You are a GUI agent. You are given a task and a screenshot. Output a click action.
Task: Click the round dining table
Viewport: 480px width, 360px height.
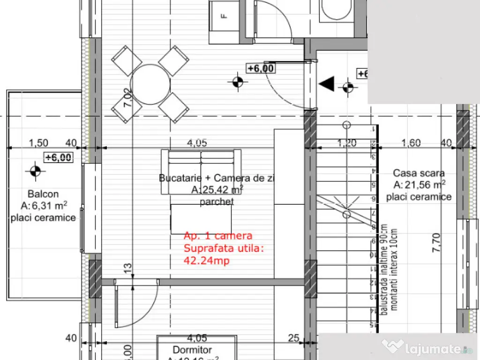(150, 84)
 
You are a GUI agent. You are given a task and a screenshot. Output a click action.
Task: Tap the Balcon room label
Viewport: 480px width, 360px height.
(43, 194)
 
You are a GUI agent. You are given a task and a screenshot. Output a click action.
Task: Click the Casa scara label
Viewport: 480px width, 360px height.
(419, 173)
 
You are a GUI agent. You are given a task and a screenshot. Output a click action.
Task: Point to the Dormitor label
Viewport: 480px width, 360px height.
(192, 350)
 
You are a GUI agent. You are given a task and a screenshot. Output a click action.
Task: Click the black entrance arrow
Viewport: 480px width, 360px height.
(327, 84)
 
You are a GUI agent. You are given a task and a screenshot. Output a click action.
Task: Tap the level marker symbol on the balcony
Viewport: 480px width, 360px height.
(34, 172)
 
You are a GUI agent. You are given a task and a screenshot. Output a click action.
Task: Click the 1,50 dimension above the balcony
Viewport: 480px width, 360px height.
(39, 143)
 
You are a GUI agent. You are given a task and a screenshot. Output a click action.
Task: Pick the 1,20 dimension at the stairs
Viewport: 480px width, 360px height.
(347, 143)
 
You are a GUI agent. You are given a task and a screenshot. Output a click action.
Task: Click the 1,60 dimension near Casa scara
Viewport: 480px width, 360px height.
(411, 143)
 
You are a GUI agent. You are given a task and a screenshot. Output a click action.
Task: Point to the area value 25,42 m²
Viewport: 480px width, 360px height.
(217, 190)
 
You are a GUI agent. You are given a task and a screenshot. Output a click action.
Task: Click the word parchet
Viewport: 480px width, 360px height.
(217, 202)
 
